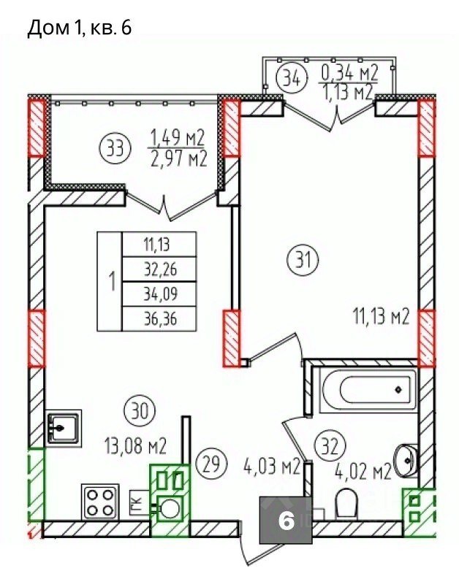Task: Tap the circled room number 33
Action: (x=115, y=149)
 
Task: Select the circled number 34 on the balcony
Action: (x=292, y=78)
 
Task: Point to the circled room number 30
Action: (x=140, y=410)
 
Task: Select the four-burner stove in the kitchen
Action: (x=99, y=502)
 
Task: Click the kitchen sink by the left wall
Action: (x=63, y=427)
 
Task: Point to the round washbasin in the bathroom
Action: (x=406, y=460)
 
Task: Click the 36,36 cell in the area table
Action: (x=159, y=318)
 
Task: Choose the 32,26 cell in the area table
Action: (x=159, y=269)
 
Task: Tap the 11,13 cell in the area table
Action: (x=159, y=244)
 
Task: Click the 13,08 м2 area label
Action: (x=136, y=445)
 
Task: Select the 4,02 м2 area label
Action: (x=363, y=471)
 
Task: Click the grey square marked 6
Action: (x=285, y=521)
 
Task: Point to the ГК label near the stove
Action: (x=137, y=502)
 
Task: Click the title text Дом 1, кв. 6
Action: (x=80, y=28)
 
